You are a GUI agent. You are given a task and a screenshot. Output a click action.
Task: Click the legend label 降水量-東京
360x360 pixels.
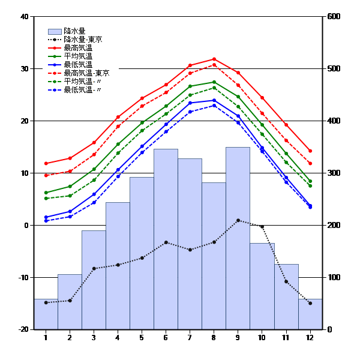(x=82, y=39)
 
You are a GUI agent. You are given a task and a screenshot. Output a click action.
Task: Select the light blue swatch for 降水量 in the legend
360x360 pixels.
(x=55, y=31)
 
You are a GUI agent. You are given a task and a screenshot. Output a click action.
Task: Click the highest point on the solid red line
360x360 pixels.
(x=214, y=59)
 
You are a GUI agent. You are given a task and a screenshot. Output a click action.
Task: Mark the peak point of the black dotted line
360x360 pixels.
(x=238, y=220)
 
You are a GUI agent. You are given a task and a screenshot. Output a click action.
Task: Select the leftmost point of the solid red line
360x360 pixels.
(x=46, y=163)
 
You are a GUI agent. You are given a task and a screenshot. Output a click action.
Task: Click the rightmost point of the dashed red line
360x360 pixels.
(x=310, y=163)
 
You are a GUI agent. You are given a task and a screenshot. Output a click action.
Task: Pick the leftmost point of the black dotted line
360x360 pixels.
(x=46, y=302)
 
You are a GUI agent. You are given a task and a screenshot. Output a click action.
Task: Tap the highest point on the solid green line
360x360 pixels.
(x=214, y=82)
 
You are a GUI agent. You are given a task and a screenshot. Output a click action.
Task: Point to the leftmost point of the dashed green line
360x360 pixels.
(x=46, y=198)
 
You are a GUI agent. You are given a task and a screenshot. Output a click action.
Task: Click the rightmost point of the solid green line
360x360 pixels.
(x=310, y=181)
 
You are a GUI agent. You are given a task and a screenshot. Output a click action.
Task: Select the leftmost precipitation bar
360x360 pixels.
(x=46, y=314)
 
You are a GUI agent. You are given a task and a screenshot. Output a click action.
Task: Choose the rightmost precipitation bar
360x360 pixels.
(x=310, y=314)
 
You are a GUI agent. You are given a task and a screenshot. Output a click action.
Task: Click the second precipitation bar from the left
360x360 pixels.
(x=70, y=301)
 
